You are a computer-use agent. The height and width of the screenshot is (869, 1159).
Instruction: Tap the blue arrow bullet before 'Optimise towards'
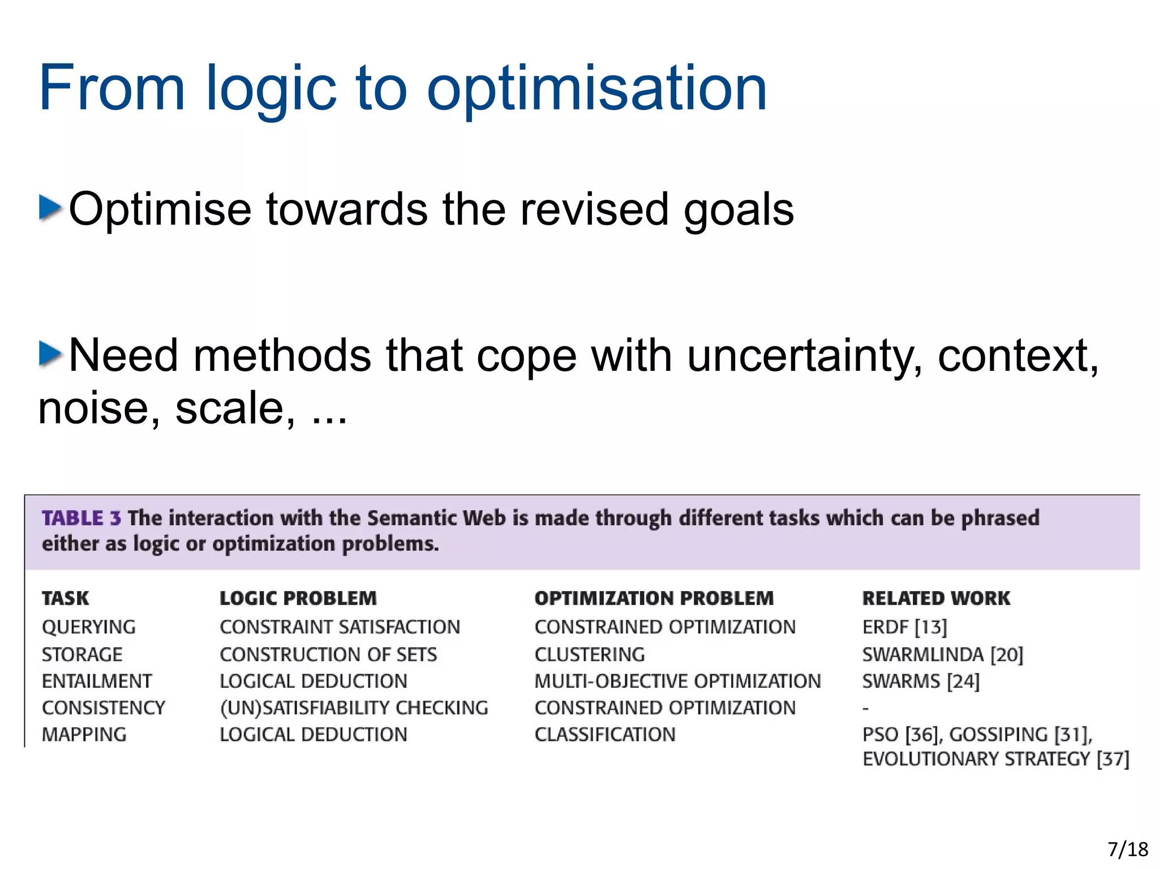coord(50,207)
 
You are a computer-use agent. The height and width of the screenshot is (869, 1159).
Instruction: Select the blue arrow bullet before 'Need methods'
coord(50,354)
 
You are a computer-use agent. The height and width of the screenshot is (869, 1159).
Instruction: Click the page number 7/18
coord(1127,849)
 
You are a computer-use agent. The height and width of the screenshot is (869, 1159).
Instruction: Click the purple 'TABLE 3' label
coord(81,518)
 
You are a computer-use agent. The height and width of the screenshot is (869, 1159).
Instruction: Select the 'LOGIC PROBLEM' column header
coord(298,598)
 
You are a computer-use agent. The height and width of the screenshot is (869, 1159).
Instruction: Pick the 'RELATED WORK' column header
coord(935,598)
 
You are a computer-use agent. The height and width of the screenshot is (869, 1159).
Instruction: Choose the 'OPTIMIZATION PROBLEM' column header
coord(654,598)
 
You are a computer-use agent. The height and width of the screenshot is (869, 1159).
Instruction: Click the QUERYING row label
coord(89,627)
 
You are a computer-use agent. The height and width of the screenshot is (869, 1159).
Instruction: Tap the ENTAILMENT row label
coord(97,681)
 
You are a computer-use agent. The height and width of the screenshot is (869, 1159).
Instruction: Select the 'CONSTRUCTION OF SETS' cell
coord(328,654)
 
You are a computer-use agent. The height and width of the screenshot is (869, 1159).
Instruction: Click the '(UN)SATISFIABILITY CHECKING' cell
coord(354,708)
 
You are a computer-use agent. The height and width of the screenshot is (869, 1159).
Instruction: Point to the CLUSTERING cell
coord(589,654)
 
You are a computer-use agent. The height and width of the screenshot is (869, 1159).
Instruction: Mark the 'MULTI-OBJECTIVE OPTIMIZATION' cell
coord(677,681)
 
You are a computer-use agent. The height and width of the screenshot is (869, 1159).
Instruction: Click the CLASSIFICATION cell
coord(604,734)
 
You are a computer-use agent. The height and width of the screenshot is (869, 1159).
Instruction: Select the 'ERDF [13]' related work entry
coord(904,627)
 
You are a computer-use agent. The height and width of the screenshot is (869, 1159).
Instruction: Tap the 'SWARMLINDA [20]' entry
coord(942,654)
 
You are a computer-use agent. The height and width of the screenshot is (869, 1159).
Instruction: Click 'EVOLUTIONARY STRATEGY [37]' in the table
coord(995,759)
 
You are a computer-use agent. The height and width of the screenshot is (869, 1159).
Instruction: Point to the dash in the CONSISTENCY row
coord(865,708)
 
